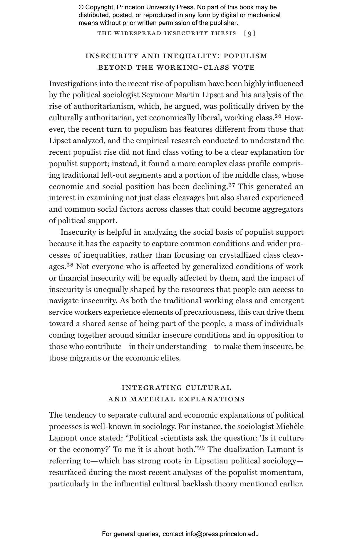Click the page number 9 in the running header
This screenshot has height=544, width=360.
(250, 34)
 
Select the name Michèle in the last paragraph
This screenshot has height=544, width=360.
(289, 427)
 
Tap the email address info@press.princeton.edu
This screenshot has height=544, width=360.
(222, 534)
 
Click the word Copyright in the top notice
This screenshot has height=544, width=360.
(100, 7)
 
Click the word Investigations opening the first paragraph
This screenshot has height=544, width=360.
(73, 84)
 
